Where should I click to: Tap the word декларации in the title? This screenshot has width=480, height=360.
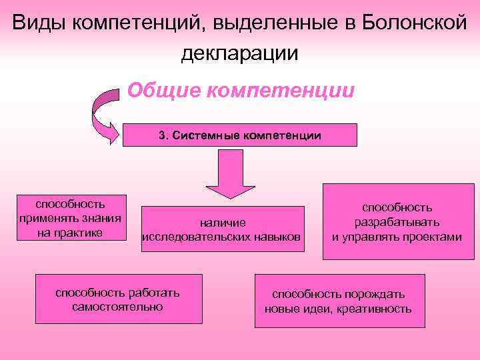point(240,53)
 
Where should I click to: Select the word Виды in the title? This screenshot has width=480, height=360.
point(37,23)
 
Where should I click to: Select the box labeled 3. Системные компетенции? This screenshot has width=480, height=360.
point(240,135)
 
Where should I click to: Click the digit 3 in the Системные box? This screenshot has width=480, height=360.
point(162,135)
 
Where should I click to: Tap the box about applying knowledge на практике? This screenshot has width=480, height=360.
point(69,217)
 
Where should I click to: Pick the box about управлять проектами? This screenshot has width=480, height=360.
point(397,222)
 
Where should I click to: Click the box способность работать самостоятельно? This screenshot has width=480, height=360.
point(118,299)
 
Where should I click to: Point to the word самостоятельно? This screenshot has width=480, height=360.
point(118,307)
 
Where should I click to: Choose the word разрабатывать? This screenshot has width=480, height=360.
point(397,222)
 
